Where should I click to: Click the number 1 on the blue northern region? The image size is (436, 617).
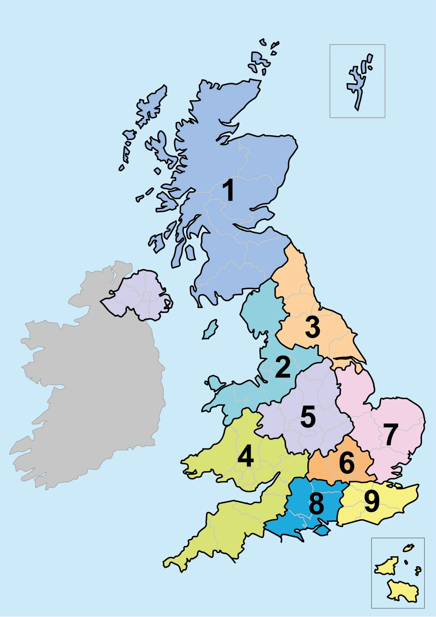click(x=228, y=191)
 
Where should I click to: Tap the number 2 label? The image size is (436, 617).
click(x=283, y=367)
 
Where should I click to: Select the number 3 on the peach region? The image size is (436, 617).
click(x=312, y=327)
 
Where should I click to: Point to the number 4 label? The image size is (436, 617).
click(x=246, y=456)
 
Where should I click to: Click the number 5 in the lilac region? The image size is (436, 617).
click(x=308, y=417)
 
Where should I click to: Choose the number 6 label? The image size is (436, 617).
click(x=347, y=463)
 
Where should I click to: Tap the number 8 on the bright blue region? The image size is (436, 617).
click(x=317, y=504)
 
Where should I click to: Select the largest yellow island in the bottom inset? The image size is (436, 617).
click(x=402, y=591)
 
